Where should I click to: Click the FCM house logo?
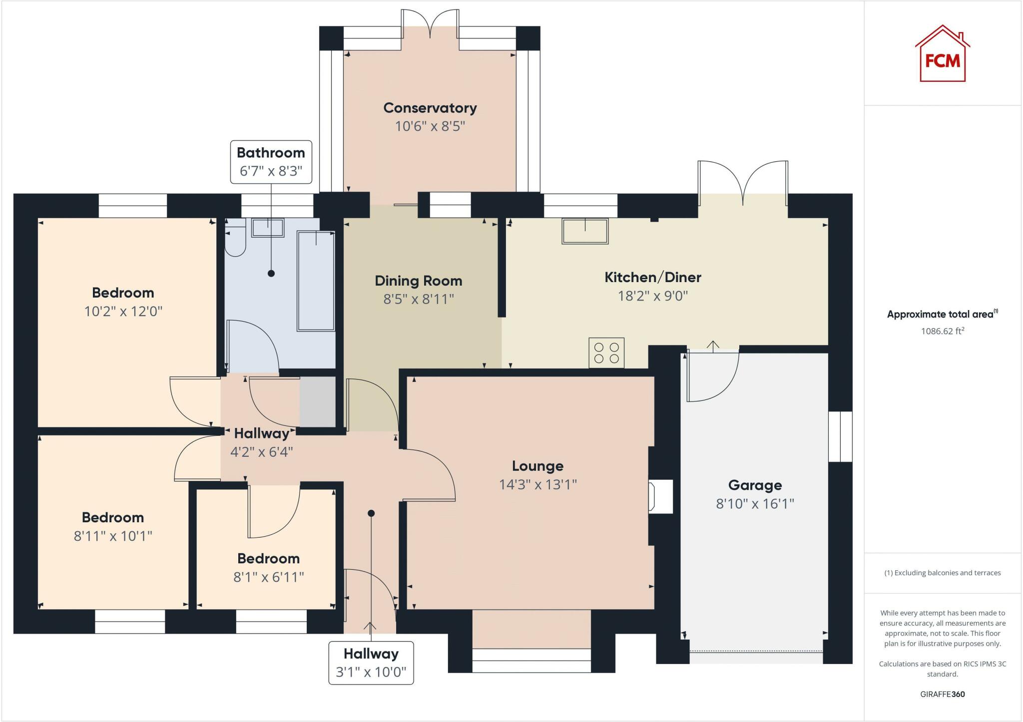tap(943, 53)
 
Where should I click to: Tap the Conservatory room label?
tap(430, 108)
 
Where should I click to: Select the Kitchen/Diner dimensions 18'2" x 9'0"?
tap(653, 296)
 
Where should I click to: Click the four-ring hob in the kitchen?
tap(606, 353)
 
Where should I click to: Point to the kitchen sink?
tap(585, 231)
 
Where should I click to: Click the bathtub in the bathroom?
tap(316, 281)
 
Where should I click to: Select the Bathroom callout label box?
tap(271, 162)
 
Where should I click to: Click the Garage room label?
tap(755, 485)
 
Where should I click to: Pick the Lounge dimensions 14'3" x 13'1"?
tap(538, 484)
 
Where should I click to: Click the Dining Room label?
tap(419, 281)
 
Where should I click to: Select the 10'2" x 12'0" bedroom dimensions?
tap(123, 312)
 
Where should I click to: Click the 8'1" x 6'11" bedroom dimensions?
tap(269, 577)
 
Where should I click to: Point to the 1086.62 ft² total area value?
tap(943, 331)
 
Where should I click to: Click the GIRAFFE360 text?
tap(943, 694)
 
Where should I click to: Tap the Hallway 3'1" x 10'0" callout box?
tap(371, 663)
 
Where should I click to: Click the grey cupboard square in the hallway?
tap(318, 402)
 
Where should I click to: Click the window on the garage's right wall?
tap(840, 436)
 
